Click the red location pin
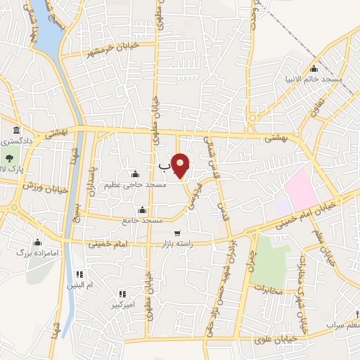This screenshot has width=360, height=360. pos(181,165)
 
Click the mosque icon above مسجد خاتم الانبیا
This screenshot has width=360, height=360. pos(314,69)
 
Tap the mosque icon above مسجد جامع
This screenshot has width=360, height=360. pos(143,210)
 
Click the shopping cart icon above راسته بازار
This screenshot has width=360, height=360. pos(178,233)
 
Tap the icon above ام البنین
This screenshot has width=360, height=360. pos(80,274)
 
